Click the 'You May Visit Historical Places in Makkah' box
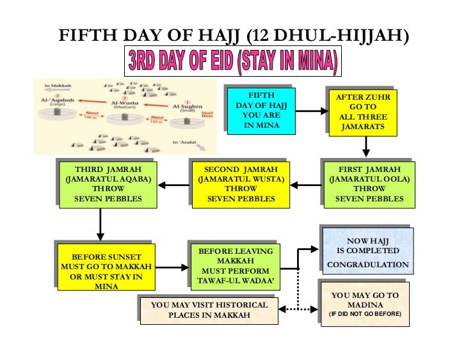[x=209, y=310]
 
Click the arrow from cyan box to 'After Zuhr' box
[x=310, y=111]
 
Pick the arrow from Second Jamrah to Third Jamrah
[x=173, y=185]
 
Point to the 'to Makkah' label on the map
[x=58, y=84]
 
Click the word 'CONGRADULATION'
[x=367, y=264]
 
